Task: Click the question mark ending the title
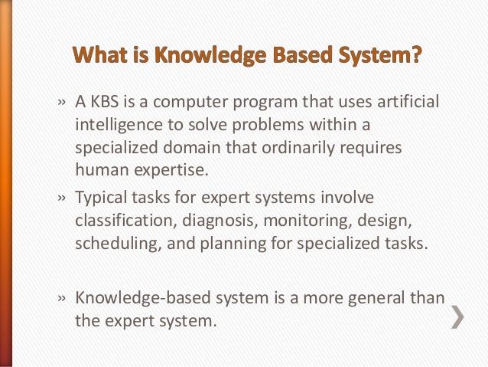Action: tap(416, 57)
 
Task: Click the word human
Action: tap(99, 167)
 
